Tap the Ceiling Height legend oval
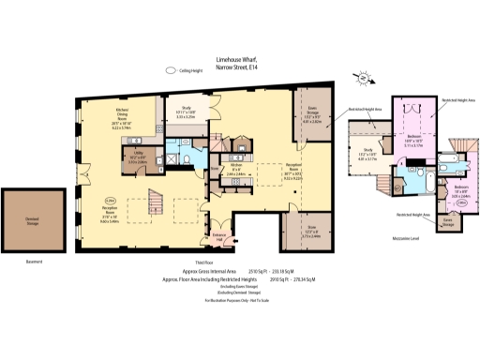pos(171,69)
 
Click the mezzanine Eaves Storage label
pos(448,224)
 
